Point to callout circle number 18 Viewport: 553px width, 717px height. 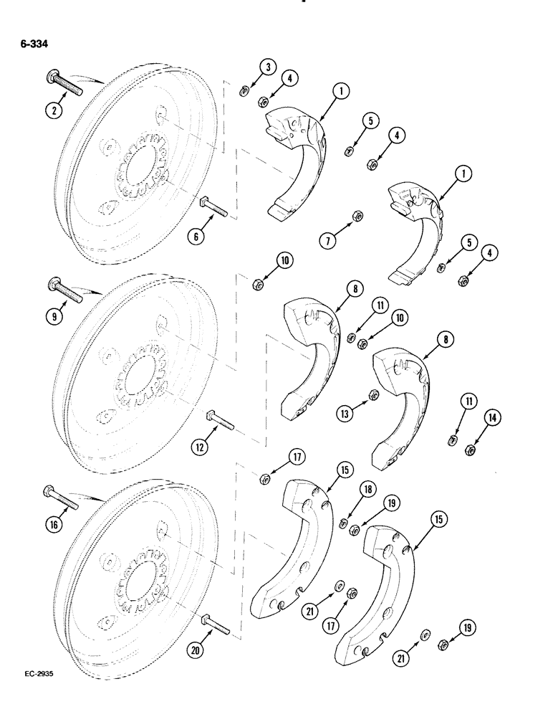[367, 490]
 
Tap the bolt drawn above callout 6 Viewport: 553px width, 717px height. [213, 207]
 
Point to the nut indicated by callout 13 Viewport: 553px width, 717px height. [373, 394]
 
